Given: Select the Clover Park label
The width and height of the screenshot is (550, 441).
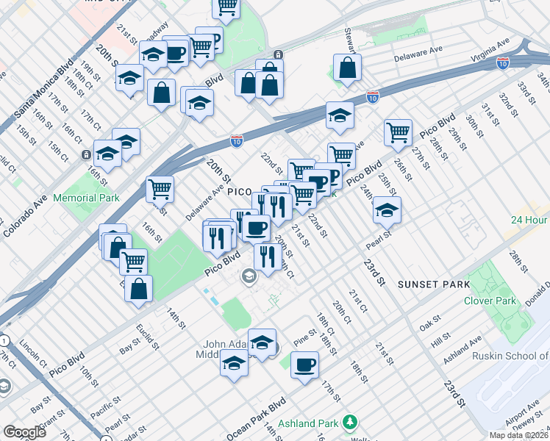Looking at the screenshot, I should pos(490,301).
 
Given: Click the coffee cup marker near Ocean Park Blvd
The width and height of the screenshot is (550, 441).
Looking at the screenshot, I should pos(304,365).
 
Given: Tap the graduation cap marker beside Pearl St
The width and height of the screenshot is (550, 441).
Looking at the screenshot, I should pos(387,210).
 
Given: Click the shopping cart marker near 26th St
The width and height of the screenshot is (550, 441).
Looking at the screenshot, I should pos(398,132).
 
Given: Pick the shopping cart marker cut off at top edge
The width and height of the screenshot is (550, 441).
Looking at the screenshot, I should pos(226,7).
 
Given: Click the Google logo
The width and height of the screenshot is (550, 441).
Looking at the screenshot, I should pos(25,432).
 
